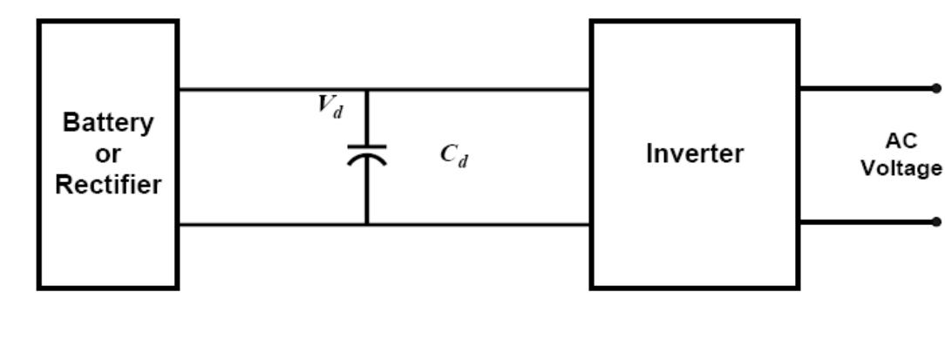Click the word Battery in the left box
tap(108, 123)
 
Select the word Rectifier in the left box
tap(108, 186)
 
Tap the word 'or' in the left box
tap(108, 154)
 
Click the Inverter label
tap(695, 154)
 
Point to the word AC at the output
tap(901, 142)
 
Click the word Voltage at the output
tap(901, 167)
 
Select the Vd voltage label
tap(330, 106)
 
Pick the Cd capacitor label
tap(453, 156)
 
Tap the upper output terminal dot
tap(935, 88)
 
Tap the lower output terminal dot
tap(935, 221)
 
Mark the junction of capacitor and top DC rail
tap(367, 89)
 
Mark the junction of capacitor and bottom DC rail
tap(367, 225)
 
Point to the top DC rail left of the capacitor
tap(270, 89)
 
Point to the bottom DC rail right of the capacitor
tap(479, 225)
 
